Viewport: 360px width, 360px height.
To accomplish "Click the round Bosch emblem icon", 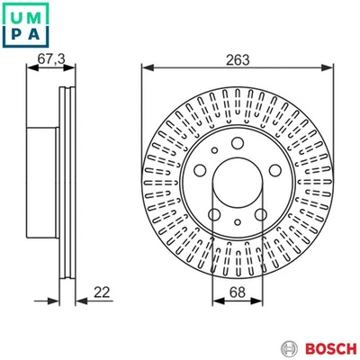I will click(289, 348).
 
